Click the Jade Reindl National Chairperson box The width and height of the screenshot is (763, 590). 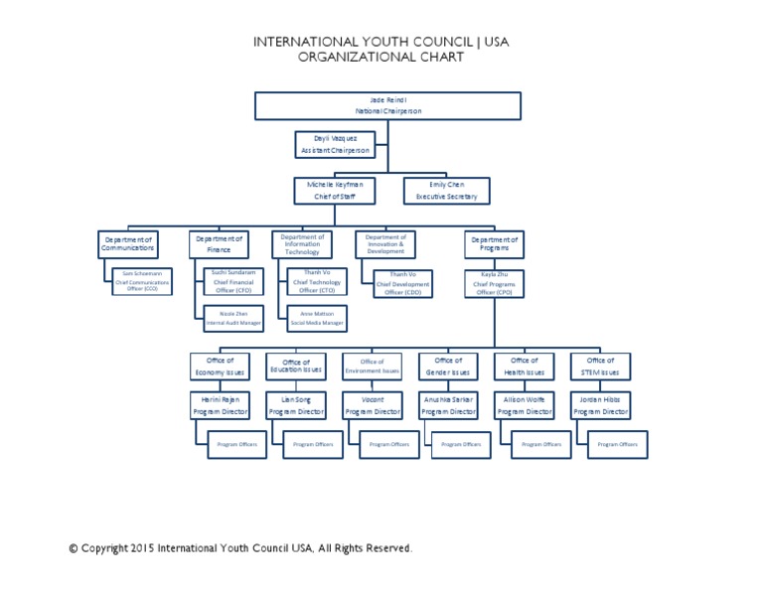[387, 106]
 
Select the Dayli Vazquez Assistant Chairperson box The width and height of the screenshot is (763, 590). [334, 144]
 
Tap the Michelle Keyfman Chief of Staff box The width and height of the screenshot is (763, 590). [334, 191]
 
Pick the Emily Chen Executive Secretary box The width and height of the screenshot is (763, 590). [446, 191]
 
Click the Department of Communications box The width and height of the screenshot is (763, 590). [127, 243]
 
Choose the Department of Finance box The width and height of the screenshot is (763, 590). [219, 243]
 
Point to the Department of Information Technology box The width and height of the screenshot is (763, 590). [302, 244]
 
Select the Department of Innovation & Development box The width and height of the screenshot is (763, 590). [385, 244]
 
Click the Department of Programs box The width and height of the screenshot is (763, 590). [494, 243]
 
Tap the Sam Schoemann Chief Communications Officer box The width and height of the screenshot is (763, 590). [142, 281]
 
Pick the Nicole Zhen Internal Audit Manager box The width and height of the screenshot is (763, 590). [233, 319]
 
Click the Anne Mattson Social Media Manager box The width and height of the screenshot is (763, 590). [317, 319]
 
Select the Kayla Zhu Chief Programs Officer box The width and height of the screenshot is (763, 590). [494, 282]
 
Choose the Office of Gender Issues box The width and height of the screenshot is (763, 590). [448, 367]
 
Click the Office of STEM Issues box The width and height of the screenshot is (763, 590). [600, 367]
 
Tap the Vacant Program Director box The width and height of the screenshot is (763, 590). [373, 404]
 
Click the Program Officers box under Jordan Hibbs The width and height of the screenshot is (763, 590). [618, 444]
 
